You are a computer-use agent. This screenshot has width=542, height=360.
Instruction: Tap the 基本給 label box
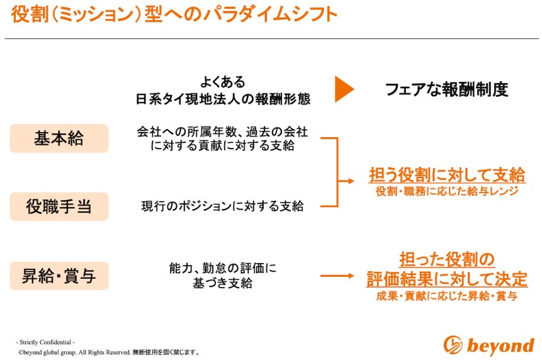(59, 138)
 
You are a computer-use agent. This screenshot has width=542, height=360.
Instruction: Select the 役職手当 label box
(59, 206)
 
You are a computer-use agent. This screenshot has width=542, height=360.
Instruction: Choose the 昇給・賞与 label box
(59, 276)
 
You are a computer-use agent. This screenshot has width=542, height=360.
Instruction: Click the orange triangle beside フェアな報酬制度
(344, 89)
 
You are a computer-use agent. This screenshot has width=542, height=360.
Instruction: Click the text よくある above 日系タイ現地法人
(223, 82)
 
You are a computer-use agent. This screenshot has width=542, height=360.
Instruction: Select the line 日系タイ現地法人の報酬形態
(223, 99)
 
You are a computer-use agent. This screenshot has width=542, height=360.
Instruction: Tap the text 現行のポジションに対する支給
(223, 206)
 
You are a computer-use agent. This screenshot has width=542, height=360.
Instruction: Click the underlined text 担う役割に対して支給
(446, 174)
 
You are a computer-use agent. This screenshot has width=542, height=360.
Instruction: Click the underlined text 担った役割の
(446, 259)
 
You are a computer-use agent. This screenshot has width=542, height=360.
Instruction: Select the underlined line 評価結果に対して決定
(446, 279)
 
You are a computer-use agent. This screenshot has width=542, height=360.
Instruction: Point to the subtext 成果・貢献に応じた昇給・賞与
(446, 296)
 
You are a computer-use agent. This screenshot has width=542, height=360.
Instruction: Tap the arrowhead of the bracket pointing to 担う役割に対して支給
(351, 181)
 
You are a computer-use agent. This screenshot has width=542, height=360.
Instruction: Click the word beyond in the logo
(500, 346)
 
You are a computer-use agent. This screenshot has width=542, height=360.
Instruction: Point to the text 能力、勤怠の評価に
(223, 268)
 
